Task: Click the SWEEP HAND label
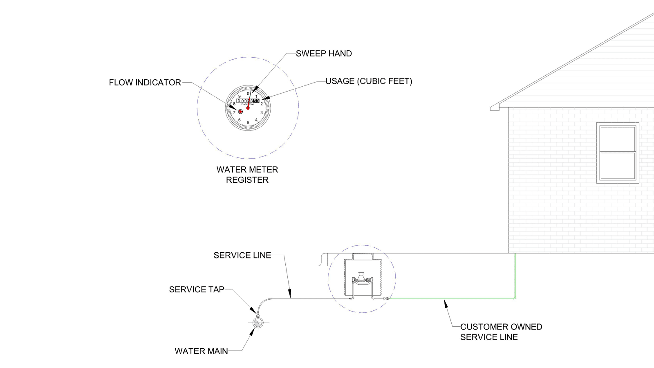click(x=324, y=54)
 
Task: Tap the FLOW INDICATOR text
click(x=145, y=83)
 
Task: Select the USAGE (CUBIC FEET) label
click(x=369, y=81)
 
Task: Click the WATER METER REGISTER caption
click(x=247, y=175)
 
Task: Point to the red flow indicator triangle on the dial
click(x=240, y=111)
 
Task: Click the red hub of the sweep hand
click(x=248, y=108)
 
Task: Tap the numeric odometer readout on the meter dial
click(x=248, y=101)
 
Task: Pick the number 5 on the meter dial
click(x=248, y=123)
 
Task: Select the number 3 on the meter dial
click(x=262, y=112)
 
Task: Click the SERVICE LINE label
click(x=242, y=256)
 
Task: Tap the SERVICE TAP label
click(x=197, y=289)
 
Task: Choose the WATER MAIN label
click(x=201, y=351)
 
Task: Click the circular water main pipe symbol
click(x=258, y=323)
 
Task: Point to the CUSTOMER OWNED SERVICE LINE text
click(x=501, y=332)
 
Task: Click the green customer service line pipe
click(x=450, y=298)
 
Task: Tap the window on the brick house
click(x=618, y=153)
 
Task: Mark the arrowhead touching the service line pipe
click(x=289, y=294)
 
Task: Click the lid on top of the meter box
click(x=363, y=256)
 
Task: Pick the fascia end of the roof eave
click(x=495, y=108)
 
